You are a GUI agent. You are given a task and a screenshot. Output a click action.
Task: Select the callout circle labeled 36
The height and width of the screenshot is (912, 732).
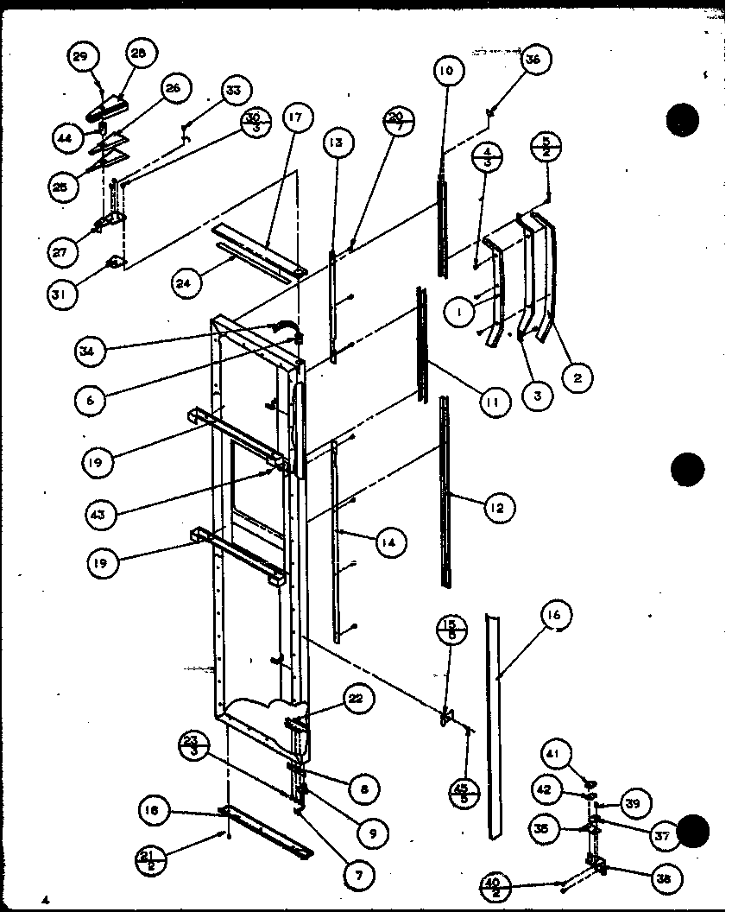point(534,61)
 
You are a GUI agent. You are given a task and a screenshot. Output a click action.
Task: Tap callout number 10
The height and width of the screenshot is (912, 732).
point(445,72)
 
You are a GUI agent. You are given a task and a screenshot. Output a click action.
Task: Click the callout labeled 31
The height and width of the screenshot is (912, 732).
point(65,293)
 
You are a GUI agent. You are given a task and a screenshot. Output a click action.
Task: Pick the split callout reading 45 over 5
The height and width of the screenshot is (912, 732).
point(464,793)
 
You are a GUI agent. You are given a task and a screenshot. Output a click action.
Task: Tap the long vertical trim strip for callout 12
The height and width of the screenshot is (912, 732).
point(445,492)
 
